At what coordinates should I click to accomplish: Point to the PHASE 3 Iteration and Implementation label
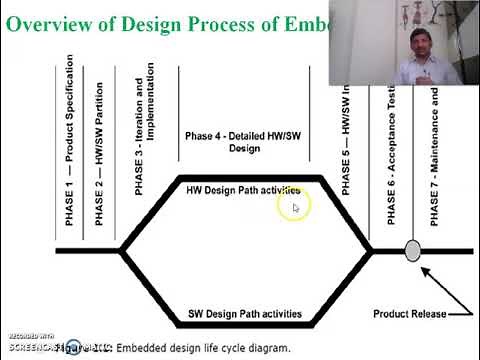145,130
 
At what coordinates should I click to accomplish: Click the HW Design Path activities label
244,190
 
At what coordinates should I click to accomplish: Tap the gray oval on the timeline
412,251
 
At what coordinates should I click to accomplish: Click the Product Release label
410,314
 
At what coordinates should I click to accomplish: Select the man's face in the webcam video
413,44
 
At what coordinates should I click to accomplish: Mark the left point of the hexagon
121,250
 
